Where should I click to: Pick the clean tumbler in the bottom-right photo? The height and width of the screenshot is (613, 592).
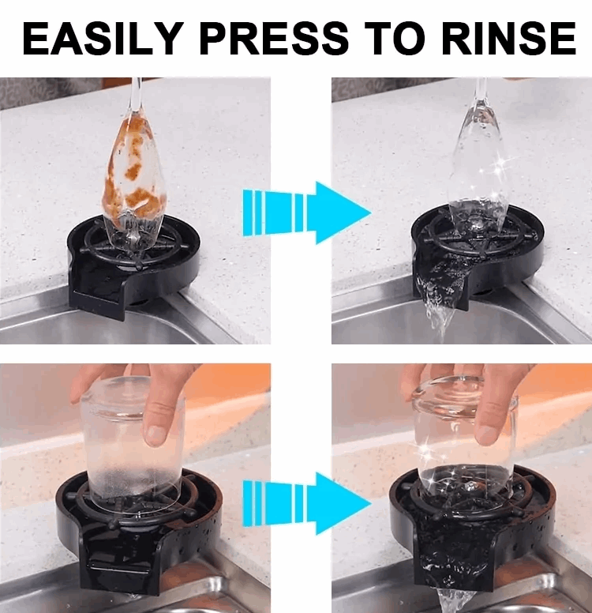click(x=466, y=442)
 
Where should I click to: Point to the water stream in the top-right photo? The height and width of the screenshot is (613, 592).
click(x=438, y=312)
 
